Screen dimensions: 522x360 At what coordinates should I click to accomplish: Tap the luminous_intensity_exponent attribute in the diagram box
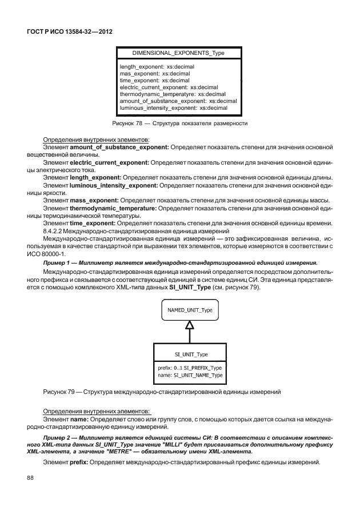coord(173,107)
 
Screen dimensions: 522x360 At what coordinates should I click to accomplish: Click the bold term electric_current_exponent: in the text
coord(111,162)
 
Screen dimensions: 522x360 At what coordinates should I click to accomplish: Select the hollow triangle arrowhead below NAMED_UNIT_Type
coord(190,325)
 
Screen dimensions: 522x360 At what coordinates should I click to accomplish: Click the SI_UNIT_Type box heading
coord(191,354)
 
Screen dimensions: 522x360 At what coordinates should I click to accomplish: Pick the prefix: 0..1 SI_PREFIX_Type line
coord(190,368)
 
